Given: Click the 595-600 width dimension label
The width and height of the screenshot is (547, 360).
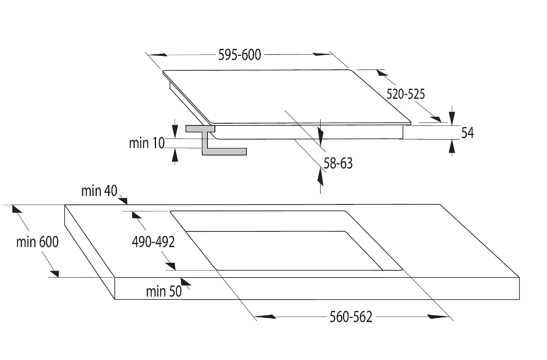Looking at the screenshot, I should click(x=239, y=55).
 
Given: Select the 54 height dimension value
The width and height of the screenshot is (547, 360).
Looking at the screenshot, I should click(x=467, y=133).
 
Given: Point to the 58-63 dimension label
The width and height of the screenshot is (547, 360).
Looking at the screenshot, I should click(x=338, y=163).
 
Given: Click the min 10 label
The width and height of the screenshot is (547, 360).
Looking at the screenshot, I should click(x=147, y=143).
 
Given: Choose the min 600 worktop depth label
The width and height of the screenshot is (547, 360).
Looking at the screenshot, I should click(x=37, y=242).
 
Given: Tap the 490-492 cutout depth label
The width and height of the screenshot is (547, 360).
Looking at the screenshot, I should click(x=153, y=242).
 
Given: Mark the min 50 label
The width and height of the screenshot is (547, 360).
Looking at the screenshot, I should click(x=164, y=292).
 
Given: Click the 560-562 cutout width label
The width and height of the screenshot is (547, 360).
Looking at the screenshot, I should click(x=351, y=317).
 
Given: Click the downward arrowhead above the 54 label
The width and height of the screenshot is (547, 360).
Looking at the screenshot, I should click(x=452, y=117).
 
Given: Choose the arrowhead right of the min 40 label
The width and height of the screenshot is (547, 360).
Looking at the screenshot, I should click(x=123, y=200).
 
